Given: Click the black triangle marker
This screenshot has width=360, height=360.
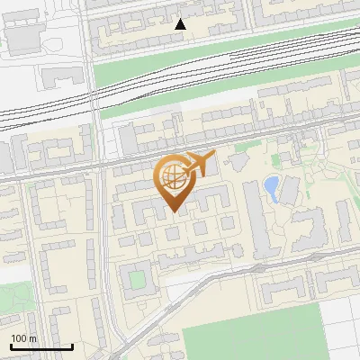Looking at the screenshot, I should tap(181, 24).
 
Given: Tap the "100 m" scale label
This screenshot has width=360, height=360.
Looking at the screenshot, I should tap(23, 338).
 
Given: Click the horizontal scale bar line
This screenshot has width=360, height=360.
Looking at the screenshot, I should tap(41, 346).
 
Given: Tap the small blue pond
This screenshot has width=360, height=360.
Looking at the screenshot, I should tap(270, 187).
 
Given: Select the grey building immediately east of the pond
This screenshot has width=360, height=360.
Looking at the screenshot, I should tap(289, 190).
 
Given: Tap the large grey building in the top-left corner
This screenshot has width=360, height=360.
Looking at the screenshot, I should tap(25, 36).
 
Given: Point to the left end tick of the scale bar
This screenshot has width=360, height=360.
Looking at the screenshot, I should tap(11, 346).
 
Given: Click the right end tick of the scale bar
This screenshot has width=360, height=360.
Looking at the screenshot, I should tap(72, 346).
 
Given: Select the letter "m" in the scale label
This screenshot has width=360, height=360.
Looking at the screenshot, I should tap(32, 338).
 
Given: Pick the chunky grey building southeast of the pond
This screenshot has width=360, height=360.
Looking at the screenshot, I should tap(310, 229).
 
